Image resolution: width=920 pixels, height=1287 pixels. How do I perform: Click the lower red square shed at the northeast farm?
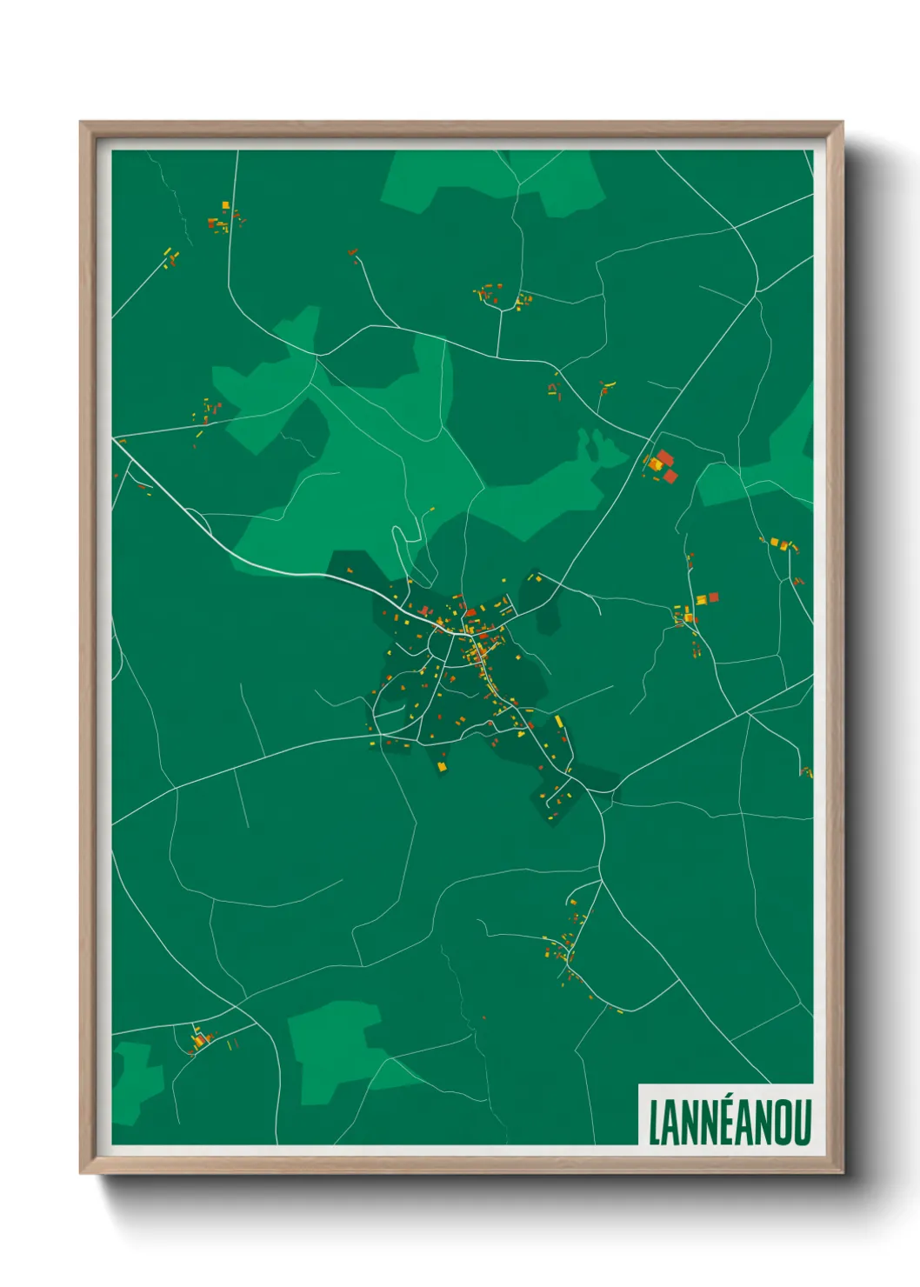click(x=670, y=476)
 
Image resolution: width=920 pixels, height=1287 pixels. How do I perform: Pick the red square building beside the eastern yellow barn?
click(x=713, y=597)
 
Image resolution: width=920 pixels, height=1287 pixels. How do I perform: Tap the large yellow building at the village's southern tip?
click(x=441, y=765)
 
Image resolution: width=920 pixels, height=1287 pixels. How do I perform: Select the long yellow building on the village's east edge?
click(x=558, y=721)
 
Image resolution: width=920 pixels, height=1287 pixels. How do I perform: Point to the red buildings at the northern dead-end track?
click(x=353, y=253)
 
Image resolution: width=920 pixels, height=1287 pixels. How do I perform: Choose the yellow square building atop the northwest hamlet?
click(x=225, y=205)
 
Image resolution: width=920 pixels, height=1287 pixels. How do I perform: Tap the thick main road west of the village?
click(x=278, y=568)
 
